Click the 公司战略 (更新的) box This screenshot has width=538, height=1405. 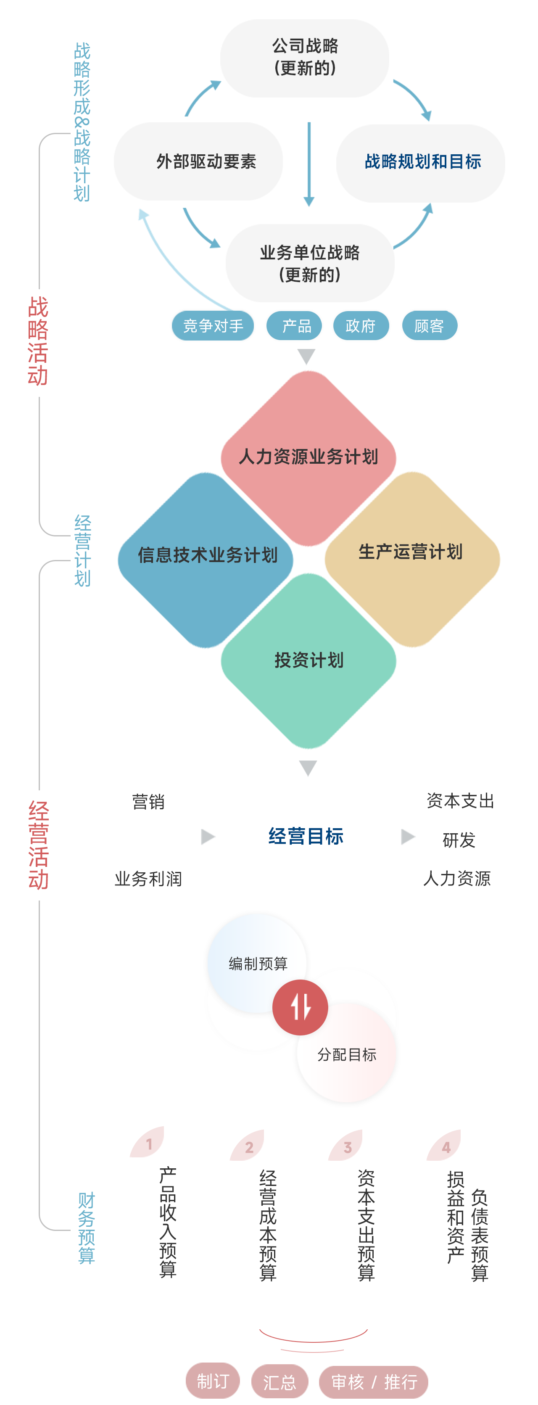305,57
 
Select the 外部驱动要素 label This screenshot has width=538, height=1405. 206,161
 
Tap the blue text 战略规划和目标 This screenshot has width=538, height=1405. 422,161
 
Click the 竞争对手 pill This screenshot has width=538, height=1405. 213,326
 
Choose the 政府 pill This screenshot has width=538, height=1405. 360,326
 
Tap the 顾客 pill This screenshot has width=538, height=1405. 429,326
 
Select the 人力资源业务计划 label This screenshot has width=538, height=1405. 309,457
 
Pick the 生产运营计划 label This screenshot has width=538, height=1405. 411,552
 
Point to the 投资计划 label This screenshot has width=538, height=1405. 309,660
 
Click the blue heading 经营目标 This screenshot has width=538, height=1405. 306,836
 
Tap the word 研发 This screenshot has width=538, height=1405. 459,840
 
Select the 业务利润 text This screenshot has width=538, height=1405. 148,879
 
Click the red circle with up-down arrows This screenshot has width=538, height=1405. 301,1007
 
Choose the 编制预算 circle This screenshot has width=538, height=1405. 258,964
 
